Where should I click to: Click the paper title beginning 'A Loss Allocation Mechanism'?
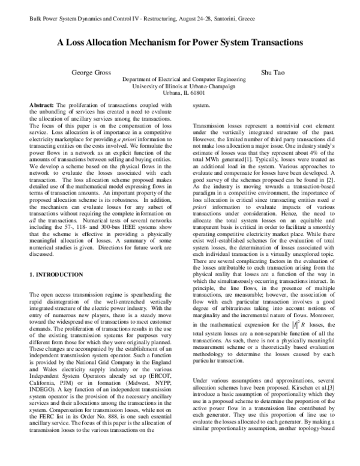point(180,43)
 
